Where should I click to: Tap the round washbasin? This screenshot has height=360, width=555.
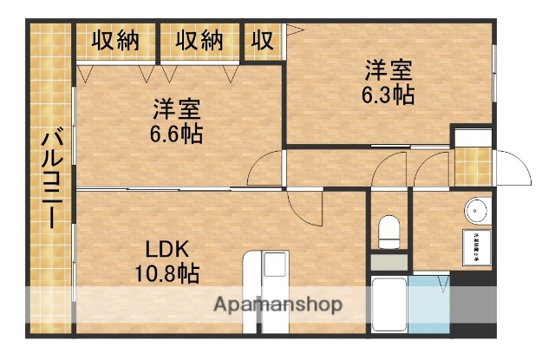(x=476, y=210)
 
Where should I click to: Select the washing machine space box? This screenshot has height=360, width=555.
(x=475, y=244)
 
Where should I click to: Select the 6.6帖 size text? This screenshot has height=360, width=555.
(x=177, y=135)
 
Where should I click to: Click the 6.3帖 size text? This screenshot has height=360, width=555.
(x=387, y=94)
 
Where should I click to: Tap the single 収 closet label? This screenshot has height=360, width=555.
(x=262, y=40)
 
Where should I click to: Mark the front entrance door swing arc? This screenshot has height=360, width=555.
(x=513, y=165)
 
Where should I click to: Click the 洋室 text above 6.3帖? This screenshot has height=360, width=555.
(x=387, y=68)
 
